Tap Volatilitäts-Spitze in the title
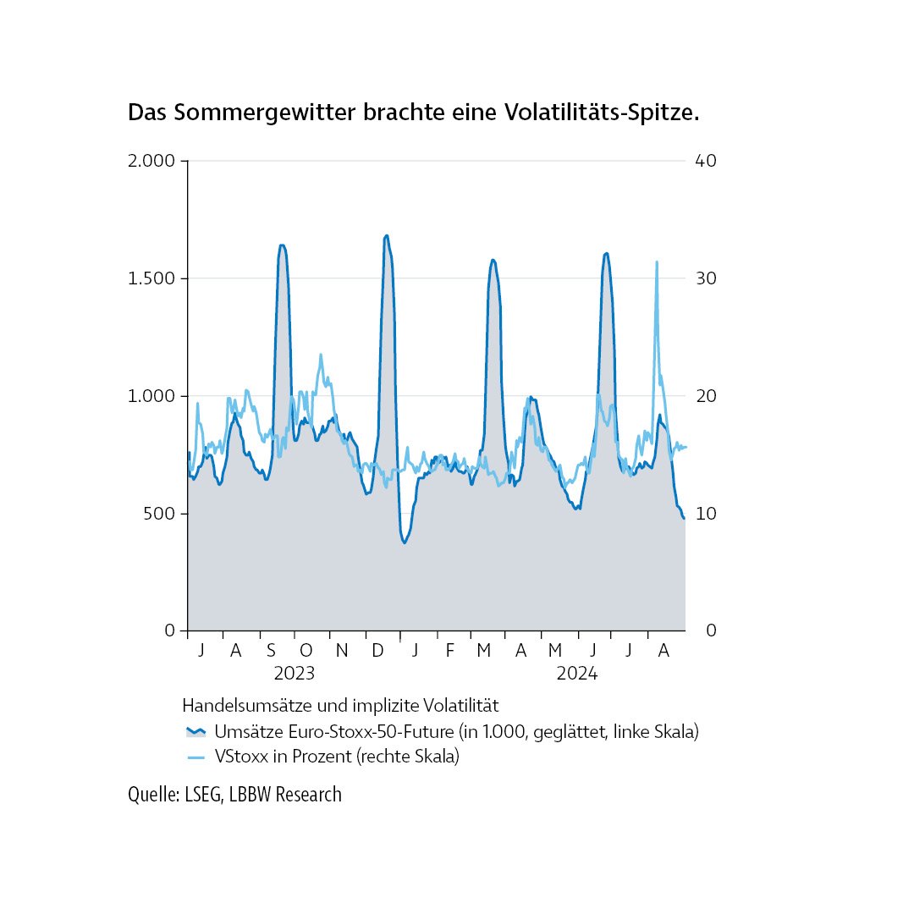click(x=602, y=113)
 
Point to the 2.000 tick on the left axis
click(x=151, y=161)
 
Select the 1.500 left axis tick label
click(x=151, y=278)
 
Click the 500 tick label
click(x=157, y=514)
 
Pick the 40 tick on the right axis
click(x=706, y=161)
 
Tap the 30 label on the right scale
click(x=706, y=278)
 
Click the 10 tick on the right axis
click(x=706, y=514)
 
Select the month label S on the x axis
click(x=271, y=650)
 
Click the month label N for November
click(x=342, y=650)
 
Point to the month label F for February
click(x=449, y=650)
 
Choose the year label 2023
click(x=295, y=674)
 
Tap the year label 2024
click(x=577, y=674)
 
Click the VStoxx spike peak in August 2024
click(x=657, y=262)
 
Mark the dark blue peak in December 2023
click(x=387, y=236)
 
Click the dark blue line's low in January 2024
click(x=405, y=542)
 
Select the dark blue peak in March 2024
click(x=493, y=260)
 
